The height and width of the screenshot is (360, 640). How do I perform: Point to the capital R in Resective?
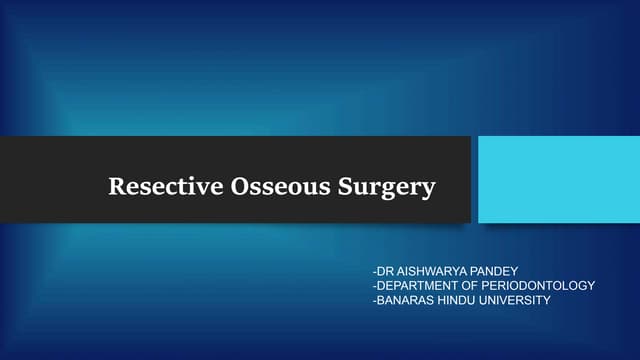[115, 187]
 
